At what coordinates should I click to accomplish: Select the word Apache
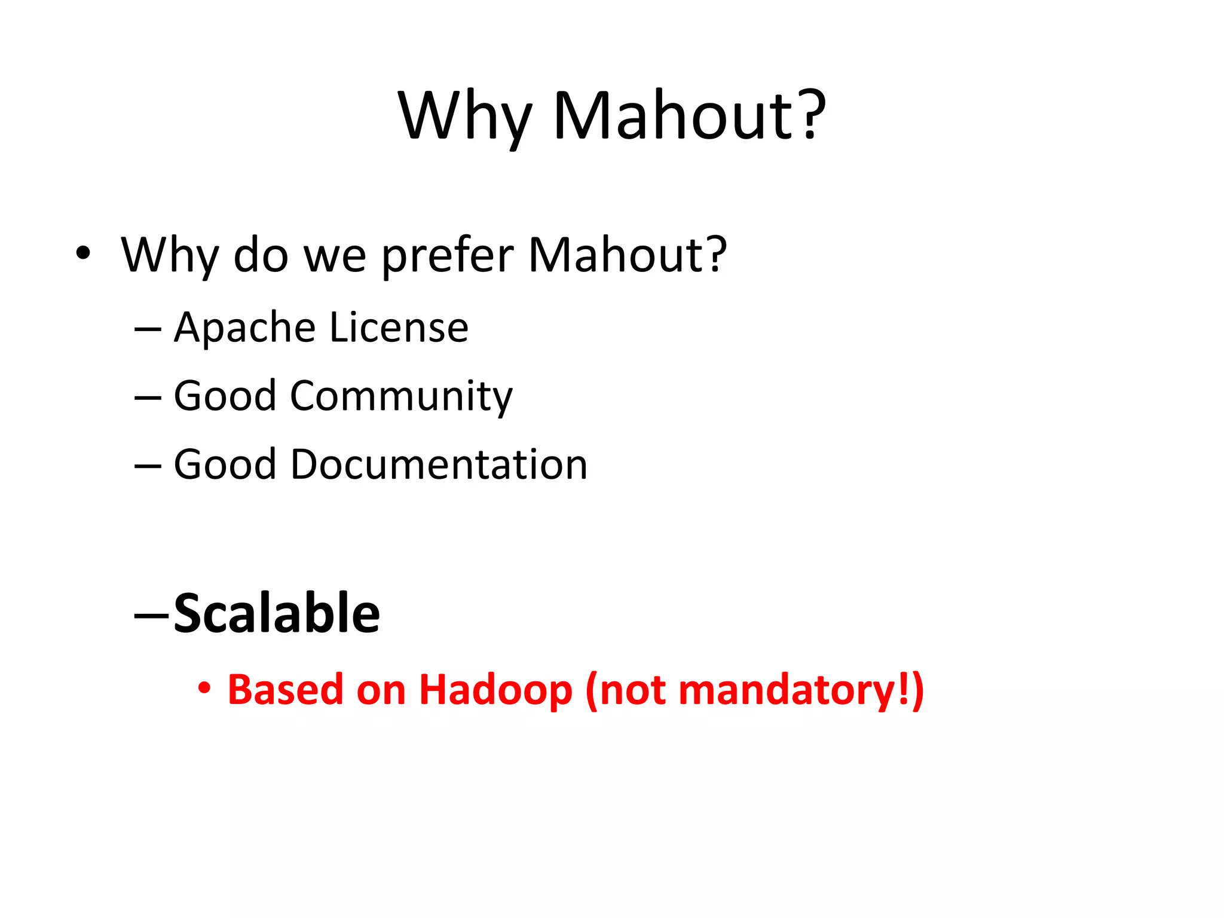point(244,328)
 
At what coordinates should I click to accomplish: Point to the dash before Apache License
point(148,329)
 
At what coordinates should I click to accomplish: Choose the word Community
point(401,396)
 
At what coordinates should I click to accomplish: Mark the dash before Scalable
point(152,614)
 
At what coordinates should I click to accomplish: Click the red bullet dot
point(204,688)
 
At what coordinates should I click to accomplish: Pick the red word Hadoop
point(495,690)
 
